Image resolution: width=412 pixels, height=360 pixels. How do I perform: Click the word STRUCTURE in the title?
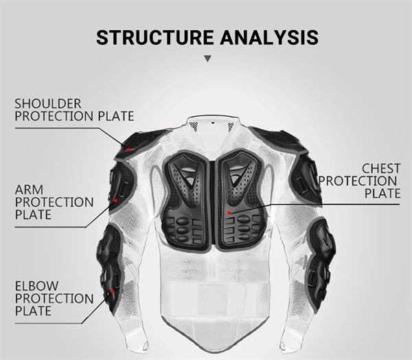click(154, 37)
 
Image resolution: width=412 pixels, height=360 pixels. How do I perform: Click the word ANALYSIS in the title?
click(269, 37)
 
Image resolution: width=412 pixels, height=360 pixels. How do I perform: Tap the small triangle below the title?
click(208, 58)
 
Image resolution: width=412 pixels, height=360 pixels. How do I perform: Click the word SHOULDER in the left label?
click(48, 104)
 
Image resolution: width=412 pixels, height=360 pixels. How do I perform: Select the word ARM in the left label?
click(29, 190)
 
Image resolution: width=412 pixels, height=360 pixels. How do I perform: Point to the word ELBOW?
click(36, 286)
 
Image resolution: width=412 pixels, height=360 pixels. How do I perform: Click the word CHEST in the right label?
click(381, 168)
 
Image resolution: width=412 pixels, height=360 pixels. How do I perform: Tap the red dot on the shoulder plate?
click(128, 149)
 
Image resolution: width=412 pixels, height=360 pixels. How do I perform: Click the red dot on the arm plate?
click(115, 201)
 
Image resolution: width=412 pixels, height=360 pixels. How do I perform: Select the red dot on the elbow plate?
click(113, 291)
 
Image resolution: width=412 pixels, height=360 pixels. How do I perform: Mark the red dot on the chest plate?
click(229, 213)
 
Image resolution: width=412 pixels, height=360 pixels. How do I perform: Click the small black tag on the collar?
click(213, 123)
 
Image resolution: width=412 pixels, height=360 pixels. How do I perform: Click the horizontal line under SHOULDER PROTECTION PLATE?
click(57, 128)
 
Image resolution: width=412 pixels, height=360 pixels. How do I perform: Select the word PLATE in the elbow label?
click(33, 311)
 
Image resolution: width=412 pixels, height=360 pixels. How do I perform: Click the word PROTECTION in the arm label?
click(54, 202)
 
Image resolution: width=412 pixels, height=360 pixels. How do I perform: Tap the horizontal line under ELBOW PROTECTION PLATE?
click(48, 323)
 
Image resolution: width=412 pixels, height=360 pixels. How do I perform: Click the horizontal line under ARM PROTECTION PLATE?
click(50, 227)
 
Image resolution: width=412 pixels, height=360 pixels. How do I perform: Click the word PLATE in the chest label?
click(382, 193)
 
